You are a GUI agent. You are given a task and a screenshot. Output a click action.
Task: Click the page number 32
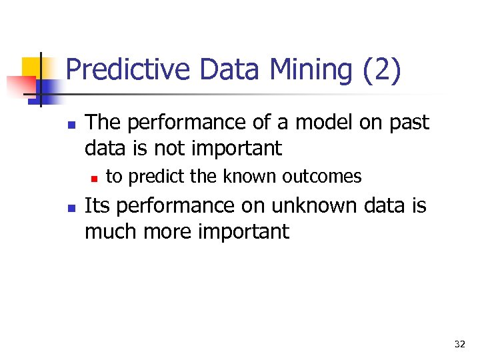pos(459,344)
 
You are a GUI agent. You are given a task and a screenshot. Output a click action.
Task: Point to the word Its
pos(97,206)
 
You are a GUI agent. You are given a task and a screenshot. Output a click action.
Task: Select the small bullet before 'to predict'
pos(94,178)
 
